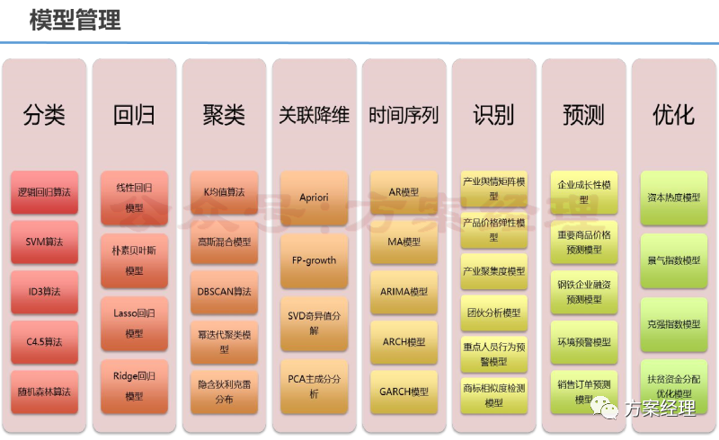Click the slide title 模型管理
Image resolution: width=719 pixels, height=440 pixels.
tap(75, 21)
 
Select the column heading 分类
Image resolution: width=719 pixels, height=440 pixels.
tap(44, 115)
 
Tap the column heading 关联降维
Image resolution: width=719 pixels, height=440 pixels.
tap(314, 115)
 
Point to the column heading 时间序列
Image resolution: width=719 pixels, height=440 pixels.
tap(404, 115)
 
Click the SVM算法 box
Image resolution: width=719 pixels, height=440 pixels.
tap(44, 242)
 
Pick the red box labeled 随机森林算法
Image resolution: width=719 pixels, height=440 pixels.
tap(44, 392)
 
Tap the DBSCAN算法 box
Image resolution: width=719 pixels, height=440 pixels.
tap(224, 292)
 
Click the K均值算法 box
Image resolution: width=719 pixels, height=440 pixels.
tap(224, 192)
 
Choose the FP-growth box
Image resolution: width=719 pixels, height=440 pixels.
tap(314, 260)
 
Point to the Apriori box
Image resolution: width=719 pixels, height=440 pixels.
tap(314, 197)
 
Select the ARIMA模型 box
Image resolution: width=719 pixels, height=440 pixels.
tap(404, 292)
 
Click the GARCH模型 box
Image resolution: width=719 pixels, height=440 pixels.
tap(404, 392)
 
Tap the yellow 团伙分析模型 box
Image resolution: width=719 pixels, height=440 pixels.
tap(493, 313)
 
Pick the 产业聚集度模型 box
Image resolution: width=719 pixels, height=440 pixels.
tap(493, 271)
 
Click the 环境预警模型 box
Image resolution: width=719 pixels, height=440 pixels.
tap(583, 342)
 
